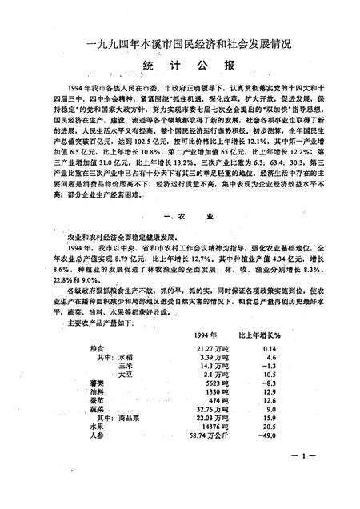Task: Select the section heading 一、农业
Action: point(179,216)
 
